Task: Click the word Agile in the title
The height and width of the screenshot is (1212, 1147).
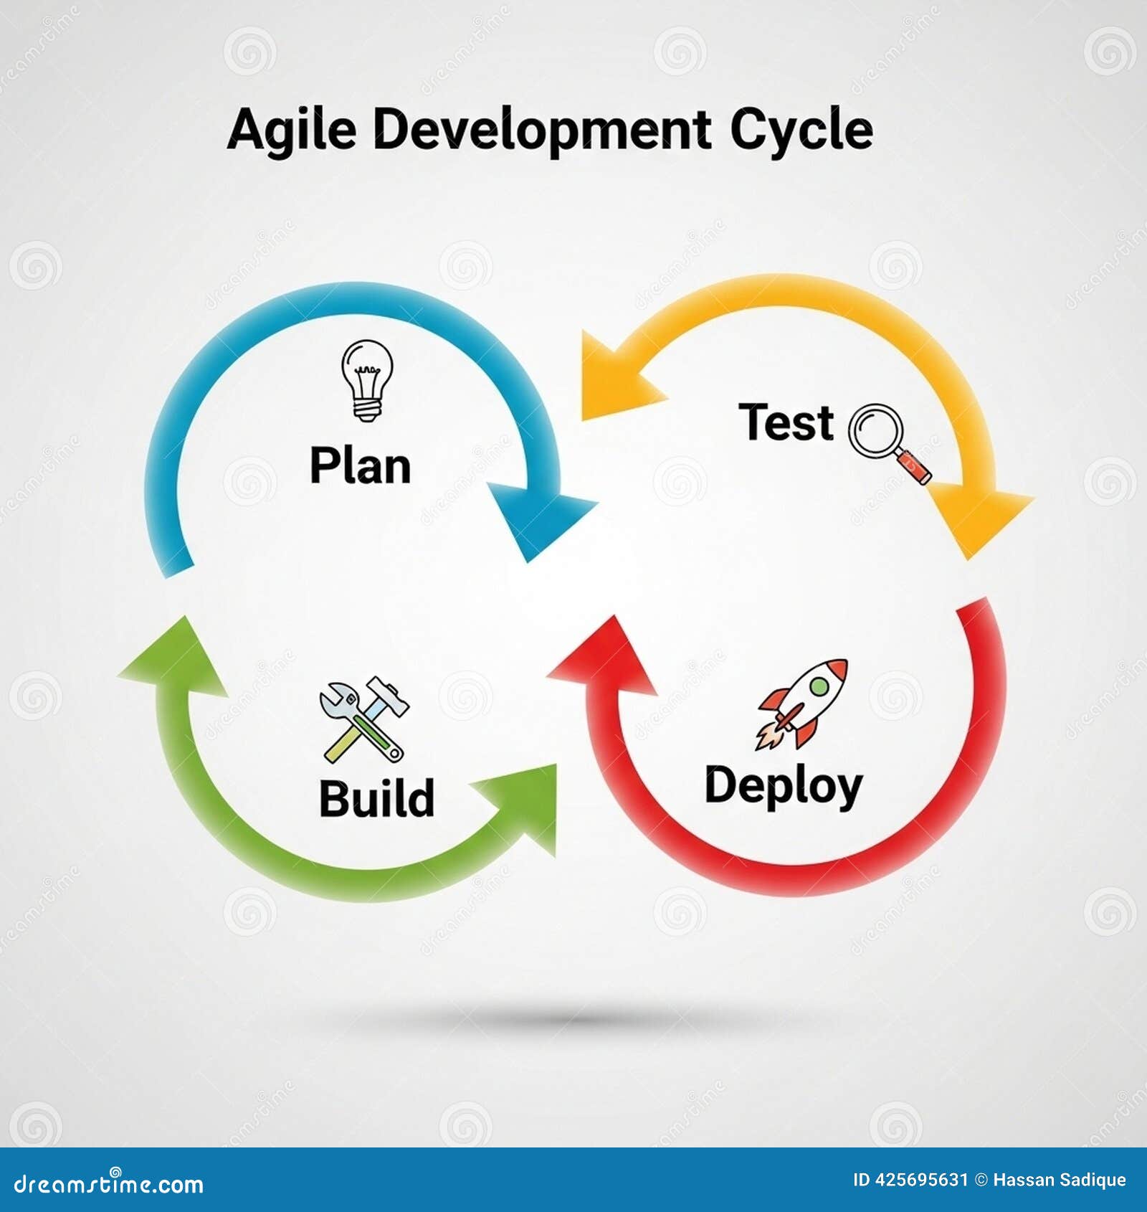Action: point(292,131)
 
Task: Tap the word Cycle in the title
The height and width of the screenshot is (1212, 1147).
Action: point(801,131)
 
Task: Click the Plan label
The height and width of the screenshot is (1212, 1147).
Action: point(360,466)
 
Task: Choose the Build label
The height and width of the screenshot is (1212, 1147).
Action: point(377,798)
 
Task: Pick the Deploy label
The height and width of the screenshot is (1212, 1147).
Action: point(784,787)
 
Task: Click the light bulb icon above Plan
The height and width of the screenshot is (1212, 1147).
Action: point(367,380)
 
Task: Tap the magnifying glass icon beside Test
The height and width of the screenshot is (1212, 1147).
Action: point(890,443)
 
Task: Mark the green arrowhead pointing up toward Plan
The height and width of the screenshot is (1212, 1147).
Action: point(174,658)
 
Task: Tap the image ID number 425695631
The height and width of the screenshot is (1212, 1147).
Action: point(922,1180)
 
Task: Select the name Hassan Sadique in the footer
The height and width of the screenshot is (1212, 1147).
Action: point(1060,1180)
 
